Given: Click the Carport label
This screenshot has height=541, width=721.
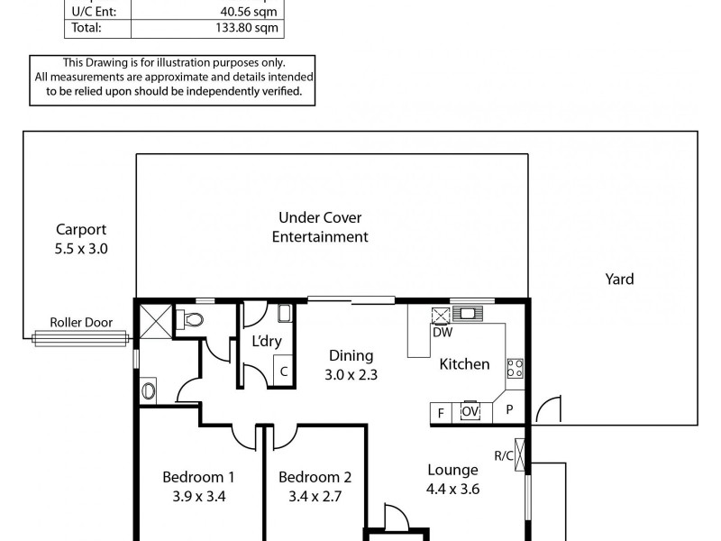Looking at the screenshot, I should click(x=81, y=229).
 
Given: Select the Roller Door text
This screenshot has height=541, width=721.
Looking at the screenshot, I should click(x=78, y=322).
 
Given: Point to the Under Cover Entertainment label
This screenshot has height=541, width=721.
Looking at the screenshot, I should click(x=324, y=227).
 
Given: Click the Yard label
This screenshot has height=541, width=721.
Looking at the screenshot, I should click(x=619, y=280).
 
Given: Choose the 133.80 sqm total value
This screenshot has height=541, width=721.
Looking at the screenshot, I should click(x=254, y=28).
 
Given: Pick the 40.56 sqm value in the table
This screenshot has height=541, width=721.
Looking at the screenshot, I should click(x=255, y=11).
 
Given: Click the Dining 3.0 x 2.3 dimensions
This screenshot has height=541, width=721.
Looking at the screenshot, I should click(x=350, y=372).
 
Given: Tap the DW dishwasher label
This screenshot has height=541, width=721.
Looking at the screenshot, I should click(x=442, y=333).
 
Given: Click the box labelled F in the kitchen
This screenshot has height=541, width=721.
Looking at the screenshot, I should click(x=442, y=412).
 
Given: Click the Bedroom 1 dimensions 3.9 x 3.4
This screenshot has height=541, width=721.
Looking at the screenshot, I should click(x=198, y=495).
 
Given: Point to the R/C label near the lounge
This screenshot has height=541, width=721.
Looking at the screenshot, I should click(x=504, y=455).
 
